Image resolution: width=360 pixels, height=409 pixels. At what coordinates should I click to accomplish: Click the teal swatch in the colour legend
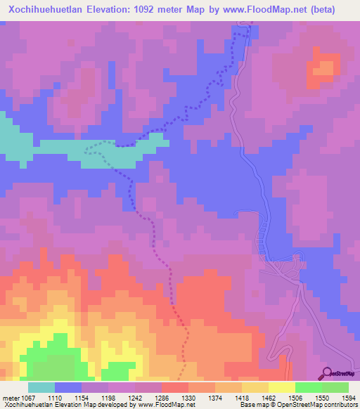pyautogui.click(x=41, y=387)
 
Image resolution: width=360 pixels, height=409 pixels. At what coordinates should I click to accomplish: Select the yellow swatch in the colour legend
pyautogui.click(x=281, y=387)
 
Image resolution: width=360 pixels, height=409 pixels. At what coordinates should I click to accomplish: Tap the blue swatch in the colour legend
pyautogui.click(x=68, y=387)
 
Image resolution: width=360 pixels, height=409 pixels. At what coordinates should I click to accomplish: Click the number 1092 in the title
pyautogui.click(x=154, y=10)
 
